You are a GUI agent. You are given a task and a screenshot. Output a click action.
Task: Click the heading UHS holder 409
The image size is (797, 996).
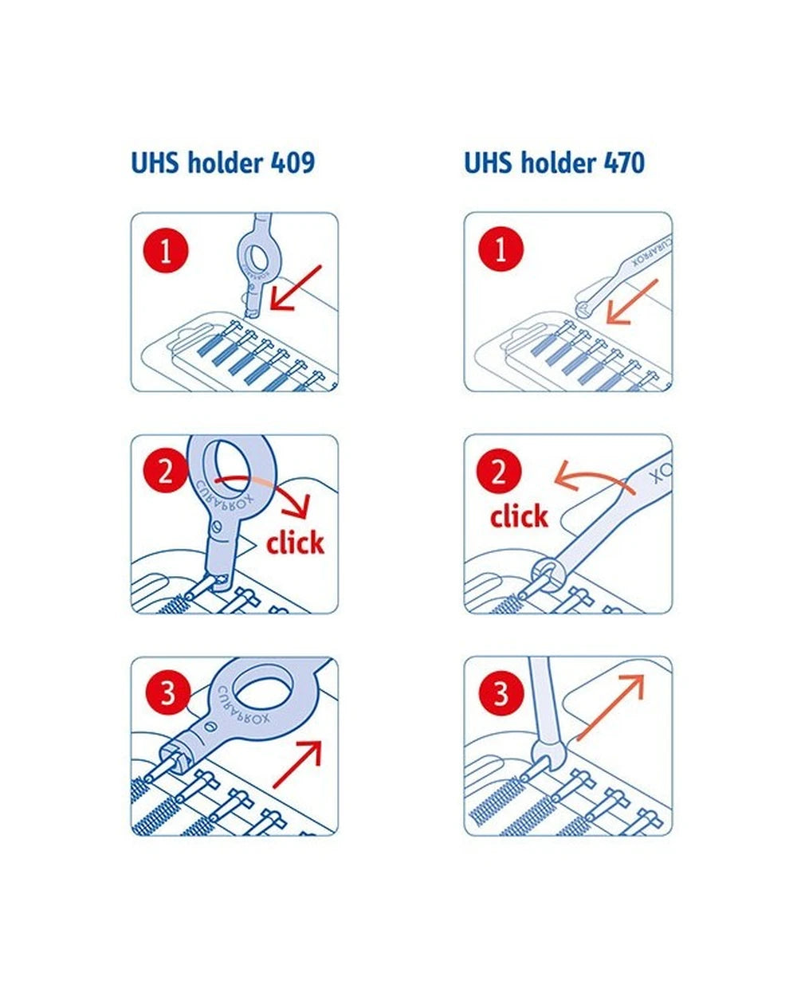(x=223, y=163)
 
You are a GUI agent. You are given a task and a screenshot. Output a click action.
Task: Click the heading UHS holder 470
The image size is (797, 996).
(x=554, y=163)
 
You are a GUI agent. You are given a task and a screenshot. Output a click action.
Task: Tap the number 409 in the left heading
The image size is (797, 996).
(x=292, y=163)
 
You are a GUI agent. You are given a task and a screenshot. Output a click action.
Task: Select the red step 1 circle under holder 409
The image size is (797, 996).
(x=166, y=252)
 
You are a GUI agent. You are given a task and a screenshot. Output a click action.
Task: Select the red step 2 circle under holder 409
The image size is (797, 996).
(x=166, y=473)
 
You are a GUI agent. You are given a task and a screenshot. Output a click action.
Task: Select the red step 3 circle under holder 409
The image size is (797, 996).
(x=167, y=693)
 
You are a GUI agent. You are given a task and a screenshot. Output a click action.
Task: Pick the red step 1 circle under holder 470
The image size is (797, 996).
(x=500, y=252)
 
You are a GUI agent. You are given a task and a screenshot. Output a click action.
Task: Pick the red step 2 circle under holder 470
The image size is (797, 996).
(x=499, y=473)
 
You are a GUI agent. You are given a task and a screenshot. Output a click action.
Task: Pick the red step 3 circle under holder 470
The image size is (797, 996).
(x=500, y=693)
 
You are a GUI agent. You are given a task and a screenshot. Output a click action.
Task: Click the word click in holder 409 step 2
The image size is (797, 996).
(x=295, y=543)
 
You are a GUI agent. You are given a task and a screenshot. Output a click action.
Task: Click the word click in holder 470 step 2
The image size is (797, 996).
(x=519, y=516)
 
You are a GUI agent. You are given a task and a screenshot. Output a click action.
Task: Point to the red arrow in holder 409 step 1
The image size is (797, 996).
(x=295, y=288)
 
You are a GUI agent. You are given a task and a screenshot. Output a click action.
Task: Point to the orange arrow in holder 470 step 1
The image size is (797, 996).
(x=632, y=303)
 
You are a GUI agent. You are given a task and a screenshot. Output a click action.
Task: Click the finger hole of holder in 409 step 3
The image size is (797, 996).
(x=267, y=687)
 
